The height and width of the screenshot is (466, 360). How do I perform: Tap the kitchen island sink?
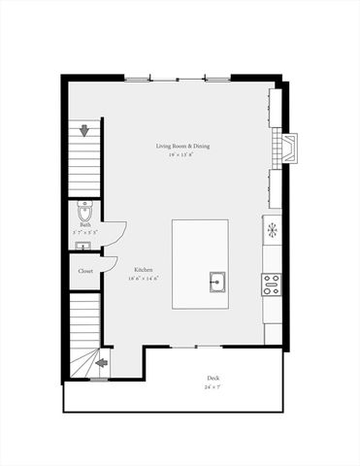217,283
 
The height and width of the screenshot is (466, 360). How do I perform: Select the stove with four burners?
272,284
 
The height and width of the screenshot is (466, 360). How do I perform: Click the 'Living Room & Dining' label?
181,147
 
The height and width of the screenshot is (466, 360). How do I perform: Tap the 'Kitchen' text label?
143,271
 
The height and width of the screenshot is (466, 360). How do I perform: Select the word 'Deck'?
213,379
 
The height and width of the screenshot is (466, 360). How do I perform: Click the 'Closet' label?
85,271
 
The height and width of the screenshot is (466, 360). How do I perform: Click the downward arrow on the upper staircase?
85,130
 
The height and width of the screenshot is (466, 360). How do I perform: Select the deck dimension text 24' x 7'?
213,387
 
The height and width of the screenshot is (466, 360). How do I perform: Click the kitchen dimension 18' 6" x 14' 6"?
143,279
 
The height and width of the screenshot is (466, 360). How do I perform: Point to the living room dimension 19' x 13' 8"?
181,154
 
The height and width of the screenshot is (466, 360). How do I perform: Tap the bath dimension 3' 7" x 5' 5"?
85,233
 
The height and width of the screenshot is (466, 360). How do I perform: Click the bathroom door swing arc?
118,233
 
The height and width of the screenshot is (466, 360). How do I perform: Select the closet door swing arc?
113,266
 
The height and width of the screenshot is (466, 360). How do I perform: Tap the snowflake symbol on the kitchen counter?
273,230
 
